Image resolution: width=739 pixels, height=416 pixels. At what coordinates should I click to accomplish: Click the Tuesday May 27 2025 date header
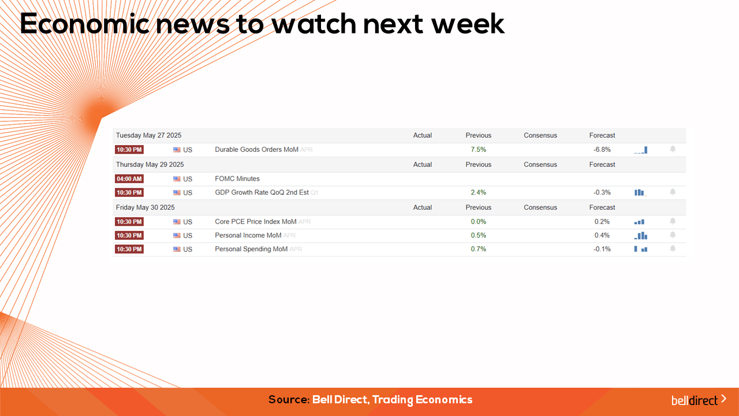(148, 135)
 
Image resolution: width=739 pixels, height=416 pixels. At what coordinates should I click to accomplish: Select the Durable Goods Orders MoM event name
(256, 150)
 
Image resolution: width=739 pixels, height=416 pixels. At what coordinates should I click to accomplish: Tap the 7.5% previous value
(479, 150)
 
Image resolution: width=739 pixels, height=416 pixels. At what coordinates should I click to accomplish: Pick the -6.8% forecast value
(602, 150)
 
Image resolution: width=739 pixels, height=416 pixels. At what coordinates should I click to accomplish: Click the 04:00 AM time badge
(129, 179)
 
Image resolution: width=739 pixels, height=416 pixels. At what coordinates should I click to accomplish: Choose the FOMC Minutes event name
(237, 179)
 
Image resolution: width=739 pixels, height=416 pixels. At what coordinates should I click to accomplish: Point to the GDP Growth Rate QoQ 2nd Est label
(262, 192)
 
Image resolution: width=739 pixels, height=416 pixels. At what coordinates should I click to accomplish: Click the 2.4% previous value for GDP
(479, 192)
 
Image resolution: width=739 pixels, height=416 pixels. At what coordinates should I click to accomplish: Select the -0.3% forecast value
(602, 192)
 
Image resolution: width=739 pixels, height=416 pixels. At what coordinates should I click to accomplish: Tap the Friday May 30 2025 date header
(145, 207)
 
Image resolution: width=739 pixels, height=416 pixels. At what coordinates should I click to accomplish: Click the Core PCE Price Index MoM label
(255, 221)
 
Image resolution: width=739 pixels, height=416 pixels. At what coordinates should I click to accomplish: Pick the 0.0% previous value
(479, 221)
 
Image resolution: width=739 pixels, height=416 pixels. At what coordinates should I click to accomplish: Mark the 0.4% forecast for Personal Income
(602, 235)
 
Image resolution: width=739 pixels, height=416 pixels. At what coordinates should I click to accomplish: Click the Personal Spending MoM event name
(251, 249)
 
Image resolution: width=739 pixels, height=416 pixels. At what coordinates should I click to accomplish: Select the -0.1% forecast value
(602, 249)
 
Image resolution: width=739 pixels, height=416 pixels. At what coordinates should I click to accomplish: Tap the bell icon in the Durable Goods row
(673, 149)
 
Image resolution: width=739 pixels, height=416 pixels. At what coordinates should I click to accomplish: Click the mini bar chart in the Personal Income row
(641, 235)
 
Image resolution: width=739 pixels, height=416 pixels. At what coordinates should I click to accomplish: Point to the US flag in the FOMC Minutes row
(177, 179)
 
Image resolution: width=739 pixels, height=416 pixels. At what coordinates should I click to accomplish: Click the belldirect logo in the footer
(699, 400)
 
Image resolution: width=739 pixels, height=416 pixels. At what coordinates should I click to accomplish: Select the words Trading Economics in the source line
(422, 400)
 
